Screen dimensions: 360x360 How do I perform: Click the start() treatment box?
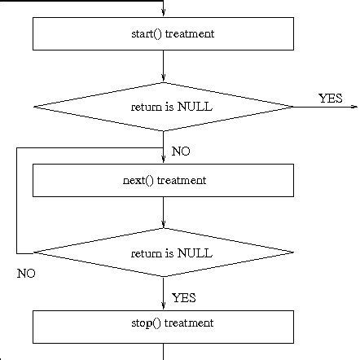tap(163, 34)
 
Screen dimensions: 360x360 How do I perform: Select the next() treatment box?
tap(163, 180)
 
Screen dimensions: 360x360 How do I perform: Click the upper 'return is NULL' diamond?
tap(163, 106)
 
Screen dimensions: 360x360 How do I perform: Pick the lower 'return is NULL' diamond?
tap(163, 253)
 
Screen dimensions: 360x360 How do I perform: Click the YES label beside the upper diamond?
tap(330, 98)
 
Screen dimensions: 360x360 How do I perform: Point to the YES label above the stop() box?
tap(183, 297)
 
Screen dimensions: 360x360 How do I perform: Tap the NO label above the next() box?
tap(181, 151)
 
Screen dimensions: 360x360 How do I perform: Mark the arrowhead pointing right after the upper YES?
tap(354, 106)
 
